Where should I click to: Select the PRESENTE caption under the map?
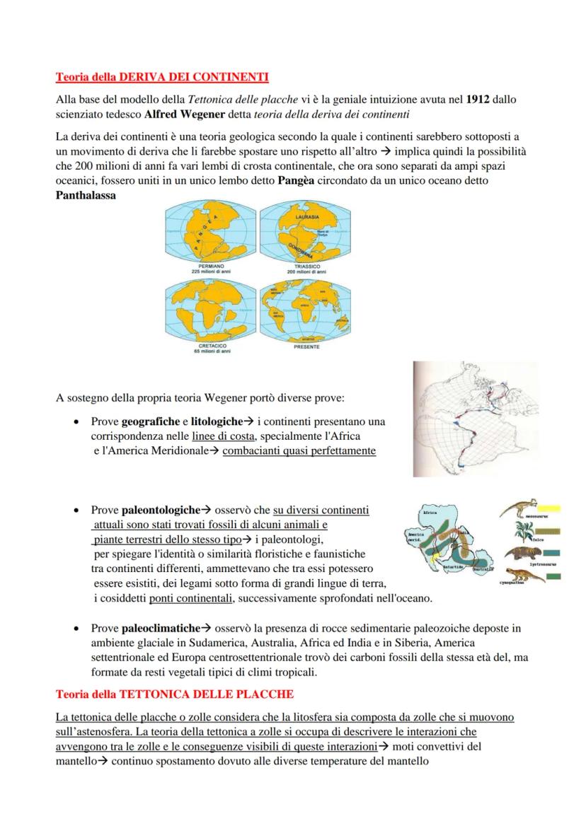[306, 347]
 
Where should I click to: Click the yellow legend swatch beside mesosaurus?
[549, 508]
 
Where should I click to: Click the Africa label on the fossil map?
[430, 511]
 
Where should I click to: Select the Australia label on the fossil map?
[483, 568]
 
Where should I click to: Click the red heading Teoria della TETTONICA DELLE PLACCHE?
[174, 694]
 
